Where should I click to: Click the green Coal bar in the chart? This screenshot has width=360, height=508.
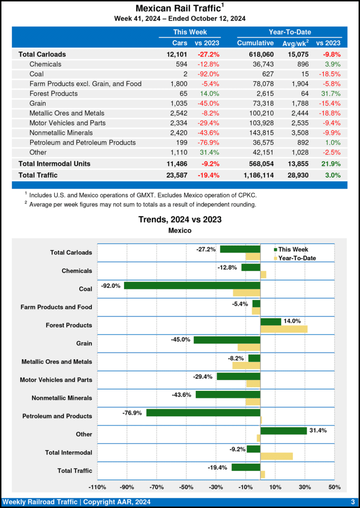192,286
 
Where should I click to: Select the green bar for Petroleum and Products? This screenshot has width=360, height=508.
203,413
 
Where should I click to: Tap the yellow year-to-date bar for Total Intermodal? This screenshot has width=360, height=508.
276,456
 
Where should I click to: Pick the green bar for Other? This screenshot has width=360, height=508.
283,431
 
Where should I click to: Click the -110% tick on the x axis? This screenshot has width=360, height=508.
97,487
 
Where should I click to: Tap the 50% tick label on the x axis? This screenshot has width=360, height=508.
335,487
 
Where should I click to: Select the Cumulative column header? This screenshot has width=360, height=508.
255,43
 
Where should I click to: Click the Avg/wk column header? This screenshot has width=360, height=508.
294,43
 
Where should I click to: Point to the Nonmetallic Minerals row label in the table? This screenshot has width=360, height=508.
60,132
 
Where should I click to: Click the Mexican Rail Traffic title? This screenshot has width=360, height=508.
178,8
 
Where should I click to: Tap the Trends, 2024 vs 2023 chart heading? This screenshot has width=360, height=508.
180,219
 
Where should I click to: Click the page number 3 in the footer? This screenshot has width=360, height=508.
352,502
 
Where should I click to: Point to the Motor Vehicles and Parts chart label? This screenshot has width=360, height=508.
56,380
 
